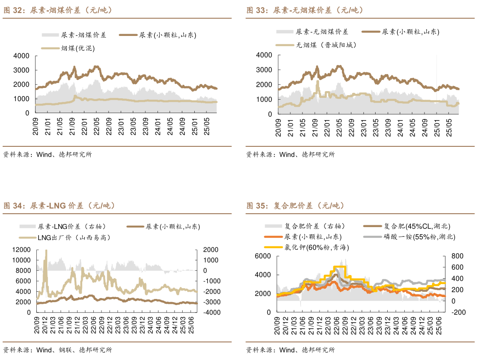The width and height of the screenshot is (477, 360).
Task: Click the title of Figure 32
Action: (x=58, y=10)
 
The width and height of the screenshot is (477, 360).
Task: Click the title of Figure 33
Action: (x=305, y=10)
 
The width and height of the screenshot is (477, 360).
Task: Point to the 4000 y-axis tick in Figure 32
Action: (x=22, y=56)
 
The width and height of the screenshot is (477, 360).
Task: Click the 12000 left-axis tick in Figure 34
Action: (x=21, y=250)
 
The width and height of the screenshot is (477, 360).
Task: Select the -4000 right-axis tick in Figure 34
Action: (x=211, y=312)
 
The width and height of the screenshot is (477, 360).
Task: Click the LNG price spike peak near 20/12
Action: (x=46, y=250)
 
